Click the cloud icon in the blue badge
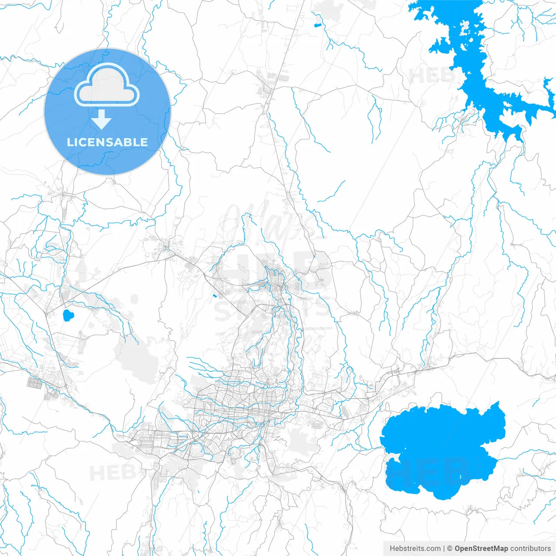click(107, 86)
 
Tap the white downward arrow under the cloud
click(102, 119)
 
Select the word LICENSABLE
click(107, 142)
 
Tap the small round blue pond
click(68, 315)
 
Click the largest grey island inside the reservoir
click(465, 29)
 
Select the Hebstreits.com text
click(415, 549)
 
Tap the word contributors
click(530, 549)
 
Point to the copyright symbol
click(450, 549)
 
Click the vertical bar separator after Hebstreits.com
click(444, 549)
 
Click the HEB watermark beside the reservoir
click(430, 76)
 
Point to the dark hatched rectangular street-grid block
click(34, 383)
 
